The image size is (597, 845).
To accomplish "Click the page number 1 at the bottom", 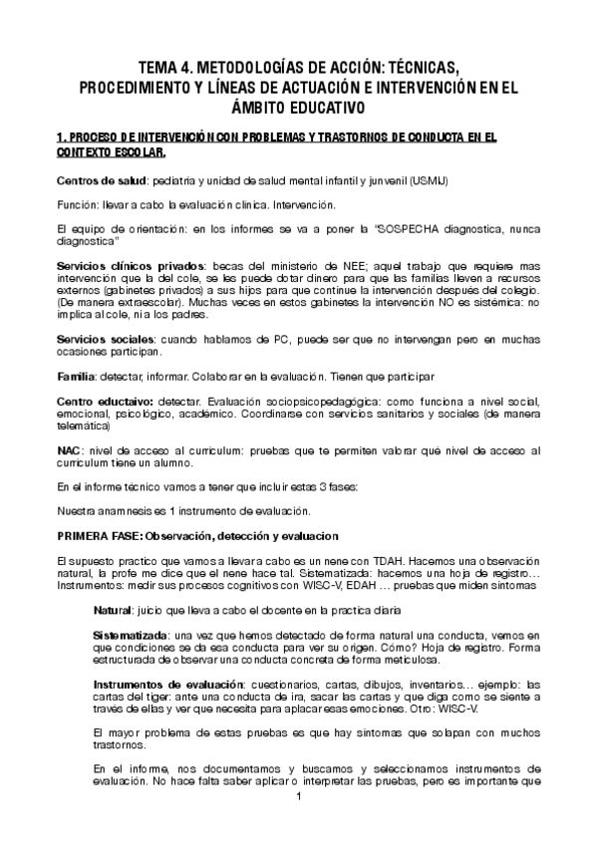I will (x=298, y=826).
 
